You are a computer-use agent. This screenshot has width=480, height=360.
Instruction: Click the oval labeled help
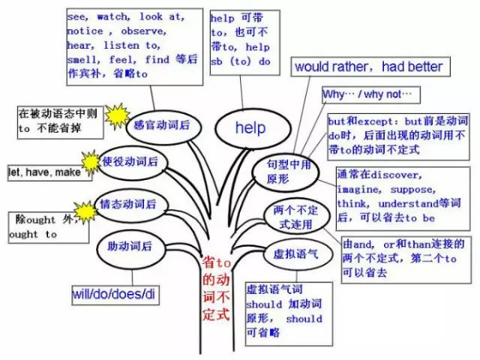click(250, 127)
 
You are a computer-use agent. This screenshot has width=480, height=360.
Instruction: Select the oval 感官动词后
click(162, 124)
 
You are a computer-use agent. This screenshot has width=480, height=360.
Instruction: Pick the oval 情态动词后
click(129, 204)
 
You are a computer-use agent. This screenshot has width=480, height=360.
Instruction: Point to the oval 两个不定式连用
click(289, 216)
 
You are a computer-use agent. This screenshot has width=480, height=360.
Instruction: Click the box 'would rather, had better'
click(368, 67)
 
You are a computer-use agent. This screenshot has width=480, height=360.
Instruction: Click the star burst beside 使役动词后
click(91, 160)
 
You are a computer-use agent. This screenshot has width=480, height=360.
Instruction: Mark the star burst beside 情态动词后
click(84, 211)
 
